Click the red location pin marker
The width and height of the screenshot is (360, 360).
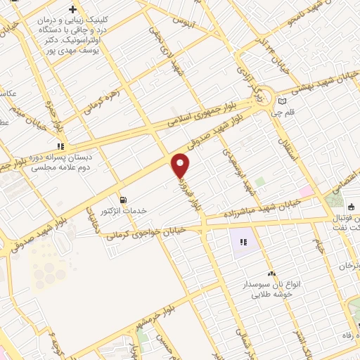(x=181, y=166)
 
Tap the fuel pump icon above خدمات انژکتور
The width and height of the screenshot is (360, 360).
(x=124, y=200)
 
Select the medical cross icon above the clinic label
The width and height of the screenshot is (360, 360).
(x=72, y=10)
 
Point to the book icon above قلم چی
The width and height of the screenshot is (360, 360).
(x=283, y=102)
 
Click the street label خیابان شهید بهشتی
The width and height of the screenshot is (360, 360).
(x=322, y=88)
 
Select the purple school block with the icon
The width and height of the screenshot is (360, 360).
(x=243, y=242)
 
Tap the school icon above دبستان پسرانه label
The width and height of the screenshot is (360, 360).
(x=60, y=147)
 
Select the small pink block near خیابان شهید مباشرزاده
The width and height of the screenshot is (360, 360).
(x=307, y=192)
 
